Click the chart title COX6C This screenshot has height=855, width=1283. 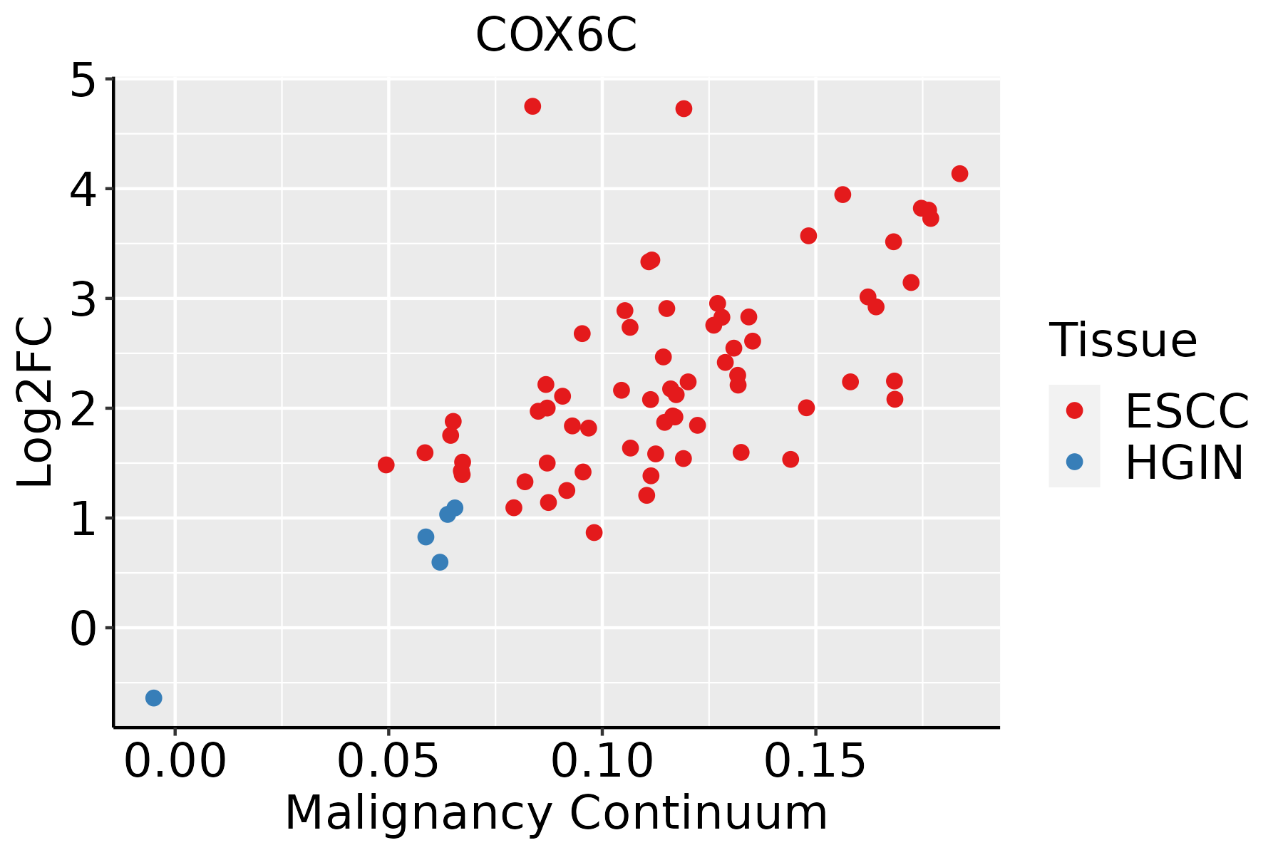556,35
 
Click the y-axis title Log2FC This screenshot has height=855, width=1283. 35,403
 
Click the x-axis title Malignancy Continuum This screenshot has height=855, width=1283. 556,813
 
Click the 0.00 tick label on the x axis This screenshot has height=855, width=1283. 175,762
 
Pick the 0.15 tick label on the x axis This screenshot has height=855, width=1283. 816,762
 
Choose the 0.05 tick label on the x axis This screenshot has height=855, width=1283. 388,762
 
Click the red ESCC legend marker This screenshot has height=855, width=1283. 1074,410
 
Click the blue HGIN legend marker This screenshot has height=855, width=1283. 1074,462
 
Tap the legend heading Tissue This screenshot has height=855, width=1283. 1123,340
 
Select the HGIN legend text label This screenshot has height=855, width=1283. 1185,463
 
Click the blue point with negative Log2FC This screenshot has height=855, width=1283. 154,698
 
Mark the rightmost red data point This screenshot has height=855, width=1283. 959,174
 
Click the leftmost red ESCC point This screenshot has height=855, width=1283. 386,465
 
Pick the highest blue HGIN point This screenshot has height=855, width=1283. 455,508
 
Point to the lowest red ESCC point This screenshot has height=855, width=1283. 594,532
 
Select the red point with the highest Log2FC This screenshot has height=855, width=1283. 532,106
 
